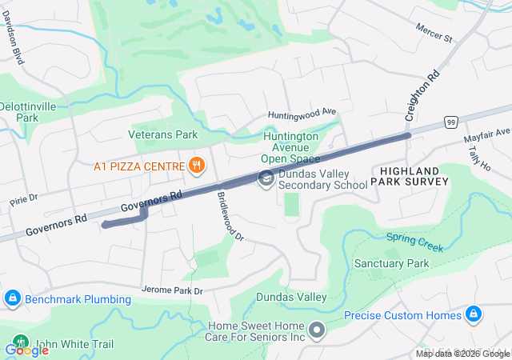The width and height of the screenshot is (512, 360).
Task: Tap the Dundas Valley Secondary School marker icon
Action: click(266, 178)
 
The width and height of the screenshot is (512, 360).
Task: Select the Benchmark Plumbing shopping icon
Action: click(11, 299)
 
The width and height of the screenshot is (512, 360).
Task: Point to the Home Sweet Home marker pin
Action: click(317, 330)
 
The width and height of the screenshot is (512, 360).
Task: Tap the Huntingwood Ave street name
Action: click(302, 114)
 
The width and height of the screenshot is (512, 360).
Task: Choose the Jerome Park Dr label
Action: click(172, 289)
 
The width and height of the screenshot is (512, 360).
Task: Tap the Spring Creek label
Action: click(414, 242)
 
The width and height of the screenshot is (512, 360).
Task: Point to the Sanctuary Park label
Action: click(392, 263)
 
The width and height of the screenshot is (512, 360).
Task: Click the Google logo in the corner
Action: click(26, 350)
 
